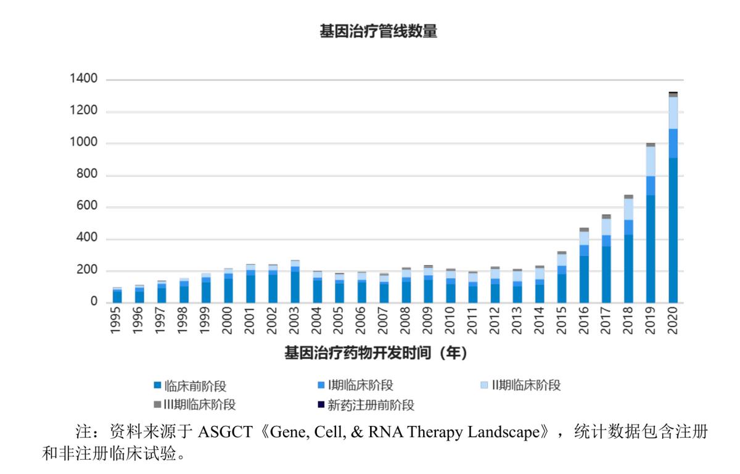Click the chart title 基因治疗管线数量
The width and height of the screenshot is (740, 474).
pyautogui.click(x=378, y=31)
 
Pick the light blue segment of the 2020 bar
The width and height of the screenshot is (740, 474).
pyautogui.click(x=673, y=112)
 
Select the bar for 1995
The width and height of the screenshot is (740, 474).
pyautogui.click(x=117, y=296)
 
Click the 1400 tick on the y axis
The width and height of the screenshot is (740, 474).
pyautogui.click(x=84, y=79)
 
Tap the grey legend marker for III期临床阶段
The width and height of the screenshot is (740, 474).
pyautogui.click(x=157, y=405)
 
